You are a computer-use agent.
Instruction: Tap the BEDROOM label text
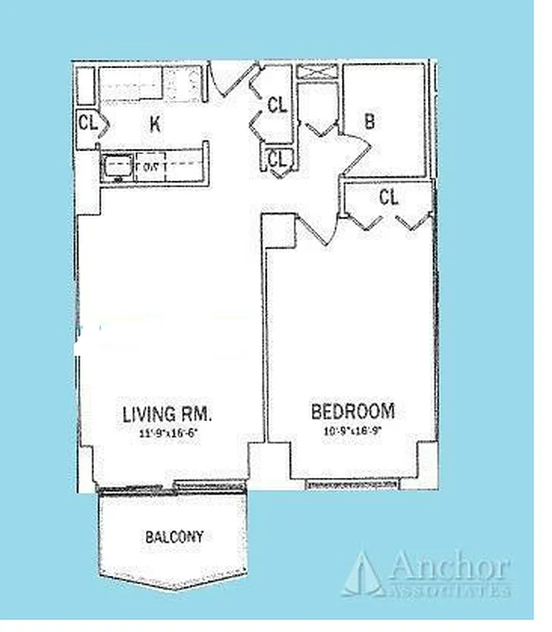pyautogui.click(x=352, y=412)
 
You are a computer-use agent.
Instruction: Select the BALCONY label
pyautogui.click(x=174, y=537)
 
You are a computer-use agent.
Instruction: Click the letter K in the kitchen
pyautogui.click(x=156, y=122)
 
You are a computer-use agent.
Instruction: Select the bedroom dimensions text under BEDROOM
pyautogui.click(x=352, y=431)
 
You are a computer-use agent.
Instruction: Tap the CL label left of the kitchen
pyautogui.click(x=87, y=122)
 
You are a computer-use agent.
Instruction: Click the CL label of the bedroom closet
pyautogui.click(x=389, y=197)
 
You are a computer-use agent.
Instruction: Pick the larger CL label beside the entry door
pyautogui.click(x=276, y=105)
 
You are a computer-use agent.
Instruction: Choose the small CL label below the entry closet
pyautogui.click(x=276, y=159)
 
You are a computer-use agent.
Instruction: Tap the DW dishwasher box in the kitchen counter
pyautogui.click(x=148, y=167)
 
